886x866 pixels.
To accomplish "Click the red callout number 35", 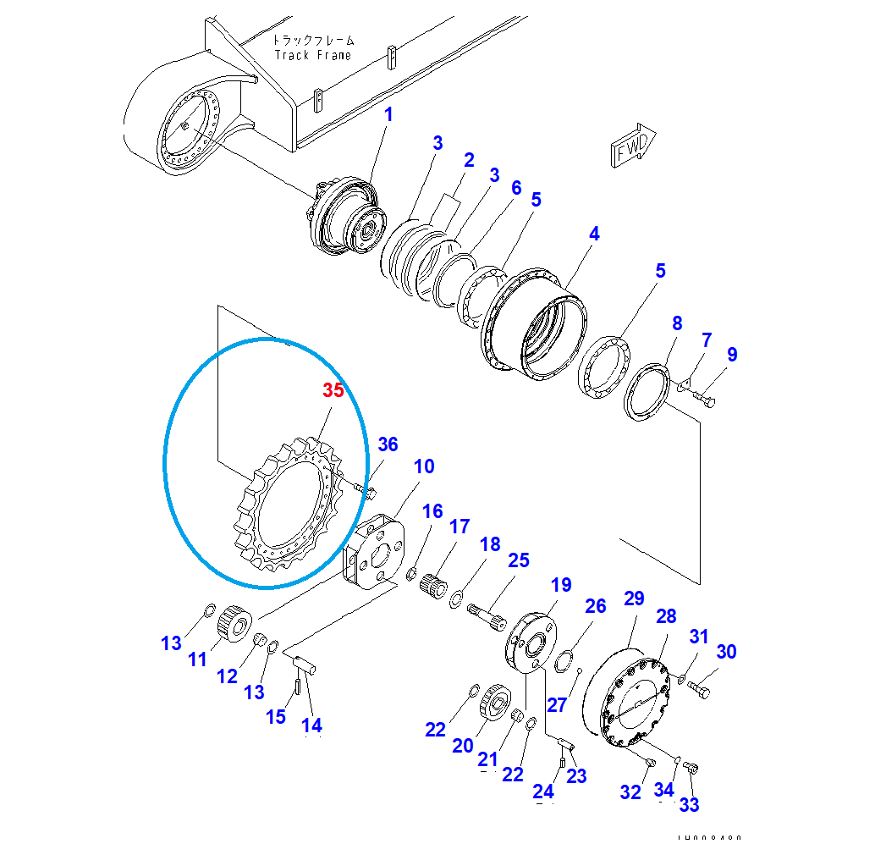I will pyautogui.click(x=334, y=391).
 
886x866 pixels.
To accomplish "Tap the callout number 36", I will pyautogui.click(x=388, y=444).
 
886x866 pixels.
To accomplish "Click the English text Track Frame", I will pyautogui.click(x=312, y=55).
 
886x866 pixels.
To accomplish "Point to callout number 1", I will pyautogui.click(x=389, y=114).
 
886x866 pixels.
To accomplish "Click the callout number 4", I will pyautogui.click(x=595, y=234).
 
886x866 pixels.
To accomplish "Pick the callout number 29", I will pyautogui.click(x=634, y=599).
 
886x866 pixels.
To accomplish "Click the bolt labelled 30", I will pyautogui.click(x=699, y=690).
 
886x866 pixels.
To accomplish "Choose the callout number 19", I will pyautogui.click(x=561, y=585).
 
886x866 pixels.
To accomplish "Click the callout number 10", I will pyautogui.click(x=424, y=466).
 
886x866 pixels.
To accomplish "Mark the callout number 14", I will pyautogui.click(x=312, y=725).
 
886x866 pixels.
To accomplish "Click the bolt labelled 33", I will pyautogui.click(x=692, y=769).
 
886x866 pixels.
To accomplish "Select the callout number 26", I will pyautogui.click(x=596, y=606).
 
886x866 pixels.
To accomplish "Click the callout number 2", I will pyautogui.click(x=468, y=159).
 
